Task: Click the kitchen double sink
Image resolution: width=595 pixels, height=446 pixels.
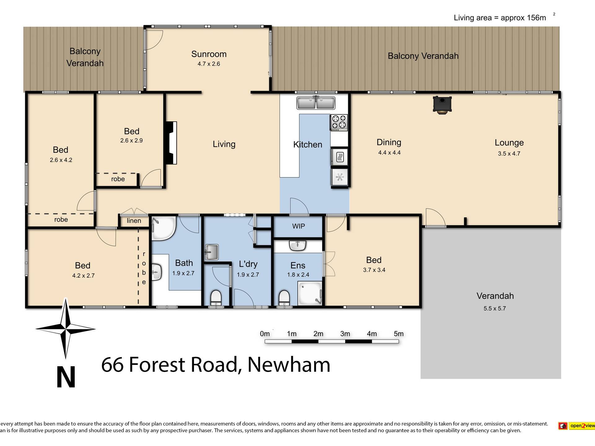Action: tap(316, 103)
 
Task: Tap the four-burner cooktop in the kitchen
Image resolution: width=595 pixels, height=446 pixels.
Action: tap(339, 123)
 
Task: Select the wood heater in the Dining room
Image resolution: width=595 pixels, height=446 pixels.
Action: tap(442, 105)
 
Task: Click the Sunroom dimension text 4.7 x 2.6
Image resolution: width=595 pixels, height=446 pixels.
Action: tap(209, 64)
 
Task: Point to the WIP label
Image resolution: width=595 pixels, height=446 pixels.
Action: tap(298, 226)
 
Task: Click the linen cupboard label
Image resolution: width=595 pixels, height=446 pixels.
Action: tap(134, 221)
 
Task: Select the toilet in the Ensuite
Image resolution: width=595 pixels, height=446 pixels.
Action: tap(284, 298)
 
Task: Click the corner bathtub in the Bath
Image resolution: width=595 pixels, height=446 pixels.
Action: tap(164, 229)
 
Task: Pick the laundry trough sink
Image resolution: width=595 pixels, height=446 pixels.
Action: tap(212, 252)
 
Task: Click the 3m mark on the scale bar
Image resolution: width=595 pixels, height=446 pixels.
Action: tap(345, 334)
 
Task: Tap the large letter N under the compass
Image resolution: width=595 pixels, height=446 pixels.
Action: tap(66, 377)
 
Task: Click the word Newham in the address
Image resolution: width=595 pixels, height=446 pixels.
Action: tap(289, 365)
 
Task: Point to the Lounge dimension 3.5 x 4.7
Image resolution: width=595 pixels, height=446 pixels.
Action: tap(509, 154)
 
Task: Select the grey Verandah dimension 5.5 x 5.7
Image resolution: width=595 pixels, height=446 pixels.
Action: tap(495, 308)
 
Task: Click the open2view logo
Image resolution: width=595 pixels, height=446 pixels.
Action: tap(576, 426)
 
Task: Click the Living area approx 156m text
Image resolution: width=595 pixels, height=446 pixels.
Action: tap(500, 18)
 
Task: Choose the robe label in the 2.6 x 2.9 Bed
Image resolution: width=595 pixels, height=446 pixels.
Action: tap(118, 179)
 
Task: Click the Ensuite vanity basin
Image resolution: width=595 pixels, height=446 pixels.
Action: tap(297, 246)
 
